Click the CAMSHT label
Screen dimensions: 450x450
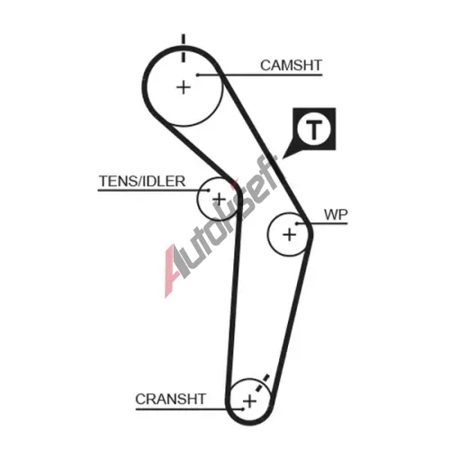[291, 66]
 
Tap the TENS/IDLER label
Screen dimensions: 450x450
[142, 181]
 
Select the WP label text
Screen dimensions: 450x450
[336, 215]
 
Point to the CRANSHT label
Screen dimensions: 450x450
[170, 400]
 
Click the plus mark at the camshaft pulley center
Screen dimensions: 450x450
[184, 87]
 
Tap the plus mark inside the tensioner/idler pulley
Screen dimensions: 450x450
[219, 199]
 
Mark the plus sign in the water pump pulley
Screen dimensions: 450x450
[290, 234]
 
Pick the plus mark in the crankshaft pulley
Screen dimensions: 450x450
[250, 401]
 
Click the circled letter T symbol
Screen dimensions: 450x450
[314, 130]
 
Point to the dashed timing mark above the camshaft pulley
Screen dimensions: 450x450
[183, 48]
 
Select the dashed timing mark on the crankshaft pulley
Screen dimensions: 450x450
[261, 384]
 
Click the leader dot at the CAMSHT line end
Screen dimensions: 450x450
[198, 75]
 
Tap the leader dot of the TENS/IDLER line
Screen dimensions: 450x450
[208, 190]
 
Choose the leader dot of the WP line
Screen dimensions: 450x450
[297, 223]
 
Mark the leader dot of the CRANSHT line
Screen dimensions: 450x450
[242, 409]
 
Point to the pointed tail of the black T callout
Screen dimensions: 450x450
[283, 157]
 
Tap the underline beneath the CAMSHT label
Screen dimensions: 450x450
[260, 75]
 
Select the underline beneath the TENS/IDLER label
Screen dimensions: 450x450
[153, 190]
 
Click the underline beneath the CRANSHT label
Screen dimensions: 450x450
[189, 409]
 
